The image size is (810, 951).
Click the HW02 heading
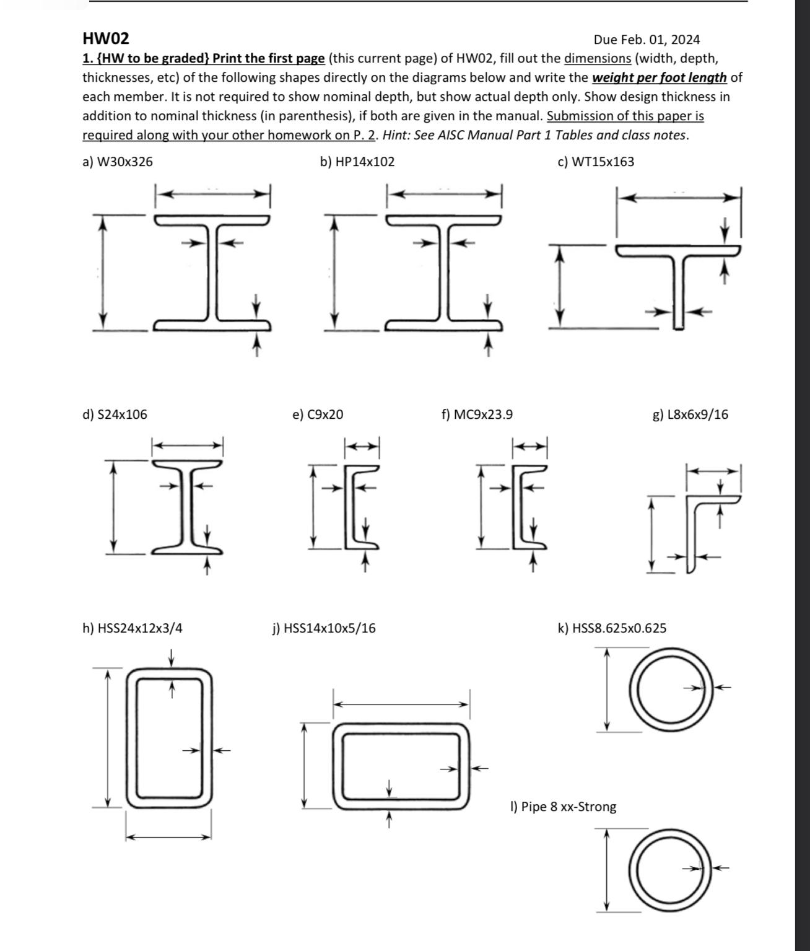(106, 39)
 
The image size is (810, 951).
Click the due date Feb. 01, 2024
(647, 40)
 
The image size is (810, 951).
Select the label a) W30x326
(118, 162)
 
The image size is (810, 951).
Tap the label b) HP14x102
(357, 162)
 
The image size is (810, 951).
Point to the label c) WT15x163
(596, 162)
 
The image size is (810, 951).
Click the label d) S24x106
(115, 414)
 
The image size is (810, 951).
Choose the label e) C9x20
(317, 414)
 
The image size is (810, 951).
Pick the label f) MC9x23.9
(477, 414)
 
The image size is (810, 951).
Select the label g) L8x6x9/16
(690, 414)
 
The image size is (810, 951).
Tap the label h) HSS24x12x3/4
(133, 628)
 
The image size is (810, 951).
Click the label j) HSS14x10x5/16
(324, 628)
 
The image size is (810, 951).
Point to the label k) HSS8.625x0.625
(612, 628)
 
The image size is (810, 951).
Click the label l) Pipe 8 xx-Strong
(563, 807)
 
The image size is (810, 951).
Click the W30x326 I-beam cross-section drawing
(212, 273)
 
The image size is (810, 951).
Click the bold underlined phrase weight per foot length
(660, 77)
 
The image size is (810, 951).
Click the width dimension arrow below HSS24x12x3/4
(169, 837)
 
